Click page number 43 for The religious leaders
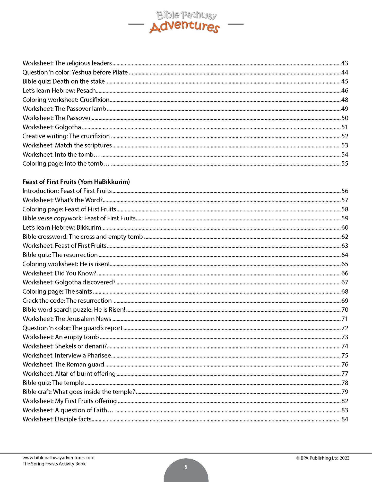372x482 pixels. (344, 63)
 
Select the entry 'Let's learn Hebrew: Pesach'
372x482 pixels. (59, 91)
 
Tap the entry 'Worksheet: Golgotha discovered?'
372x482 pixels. (69, 282)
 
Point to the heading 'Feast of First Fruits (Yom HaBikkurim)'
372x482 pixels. (76, 182)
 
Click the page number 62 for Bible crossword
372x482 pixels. (344, 237)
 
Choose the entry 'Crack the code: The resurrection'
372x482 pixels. (67, 301)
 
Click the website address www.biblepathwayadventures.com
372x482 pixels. (58, 458)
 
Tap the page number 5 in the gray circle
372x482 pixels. (186, 467)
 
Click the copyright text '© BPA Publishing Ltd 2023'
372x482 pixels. (323, 458)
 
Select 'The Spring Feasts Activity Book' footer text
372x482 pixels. (54, 464)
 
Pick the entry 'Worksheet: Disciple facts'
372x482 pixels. (57, 419)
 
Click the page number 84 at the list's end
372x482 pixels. (344, 419)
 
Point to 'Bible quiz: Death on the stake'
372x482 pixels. (64, 81)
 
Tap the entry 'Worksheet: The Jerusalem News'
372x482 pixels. (67, 319)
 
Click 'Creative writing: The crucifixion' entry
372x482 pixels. (66, 136)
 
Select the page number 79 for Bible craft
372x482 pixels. (344, 392)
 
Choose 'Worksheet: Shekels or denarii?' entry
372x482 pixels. (65, 346)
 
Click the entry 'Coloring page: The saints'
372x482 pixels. (57, 292)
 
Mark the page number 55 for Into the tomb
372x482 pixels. (344, 164)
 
